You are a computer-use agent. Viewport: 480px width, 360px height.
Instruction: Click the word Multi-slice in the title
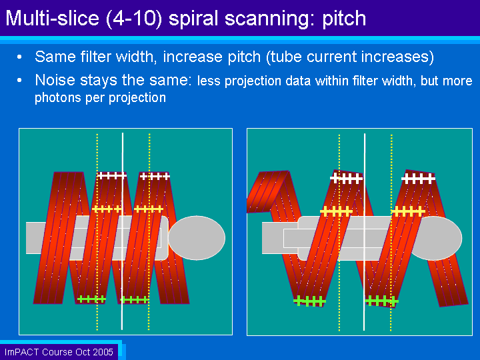click(x=53, y=18)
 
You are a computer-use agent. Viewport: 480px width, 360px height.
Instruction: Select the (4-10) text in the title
click(x=134, y=19)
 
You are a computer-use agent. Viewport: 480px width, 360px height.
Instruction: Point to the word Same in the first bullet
click(x=55, y=57)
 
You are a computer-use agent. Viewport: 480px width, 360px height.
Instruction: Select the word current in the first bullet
click(x=331, y=57)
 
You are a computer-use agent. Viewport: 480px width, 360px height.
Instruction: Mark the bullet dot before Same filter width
click(x=19, y=57)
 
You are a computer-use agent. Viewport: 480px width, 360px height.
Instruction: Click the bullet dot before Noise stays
click(x=19, y=81)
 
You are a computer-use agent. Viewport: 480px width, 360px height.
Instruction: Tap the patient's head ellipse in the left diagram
click(x=197, y=238)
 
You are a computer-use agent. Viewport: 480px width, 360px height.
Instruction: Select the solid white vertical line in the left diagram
click(x=123, y=231)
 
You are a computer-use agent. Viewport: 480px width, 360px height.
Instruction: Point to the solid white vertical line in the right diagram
click(x=364, y=232)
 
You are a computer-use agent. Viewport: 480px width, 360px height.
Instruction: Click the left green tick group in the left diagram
click(x=91, y=299)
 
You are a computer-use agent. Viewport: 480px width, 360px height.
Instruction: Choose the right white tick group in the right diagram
click(x=418, y=179)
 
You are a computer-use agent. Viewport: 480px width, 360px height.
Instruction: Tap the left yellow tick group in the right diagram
click(x=336, y=211)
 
